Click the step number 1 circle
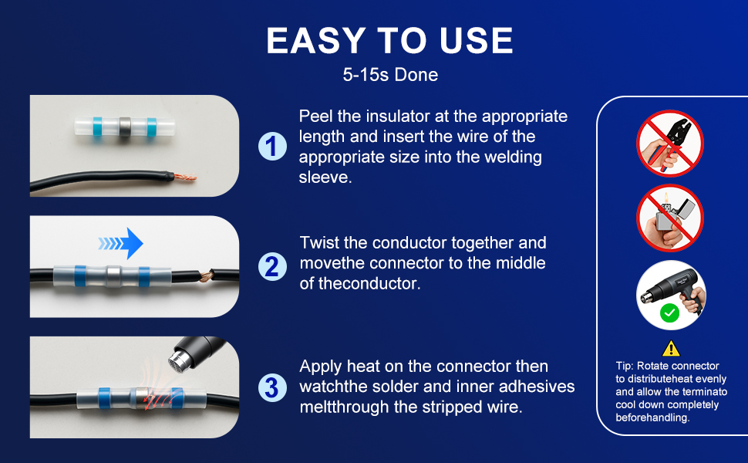click(x=272, y=146)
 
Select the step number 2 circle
click(x=272, y=266)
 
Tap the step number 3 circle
click(x=272, y=387)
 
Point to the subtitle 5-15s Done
click(x=390, y=75)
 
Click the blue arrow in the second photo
click(x=121, y=243)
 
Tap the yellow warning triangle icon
click(x=671, y=349)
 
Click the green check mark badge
click(x=670, y=313)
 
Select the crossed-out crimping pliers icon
click(x=670, y=144)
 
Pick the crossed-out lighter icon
click(x=670, y=218)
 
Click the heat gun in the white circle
click(x=673, y=291)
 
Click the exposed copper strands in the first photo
click(x=184, y=177)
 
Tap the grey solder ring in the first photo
click(x=125, y=127)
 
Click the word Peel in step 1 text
click(x=316, y=117)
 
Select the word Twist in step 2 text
click(x=319, y=243)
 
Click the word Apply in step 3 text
click(x=321, y=367)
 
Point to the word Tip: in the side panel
click(x=625, y=366)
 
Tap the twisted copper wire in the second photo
click(x=207, y=276)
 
